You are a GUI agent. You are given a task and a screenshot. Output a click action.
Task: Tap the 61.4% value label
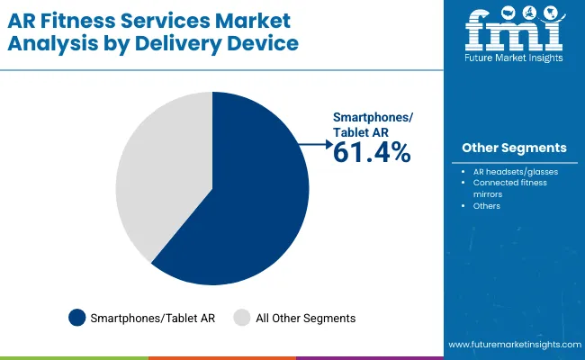[372, 153]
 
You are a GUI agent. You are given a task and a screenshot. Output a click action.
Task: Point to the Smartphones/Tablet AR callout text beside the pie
[372, 124]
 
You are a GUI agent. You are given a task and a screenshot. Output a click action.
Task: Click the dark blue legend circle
[77, 318]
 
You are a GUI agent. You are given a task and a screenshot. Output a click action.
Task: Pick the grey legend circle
[242, 318]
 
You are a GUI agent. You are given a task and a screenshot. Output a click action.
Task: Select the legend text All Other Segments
[306, 318]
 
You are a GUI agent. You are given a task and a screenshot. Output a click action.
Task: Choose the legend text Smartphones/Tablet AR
[153, 318]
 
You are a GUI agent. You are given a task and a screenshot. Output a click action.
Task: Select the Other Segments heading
[514, 148]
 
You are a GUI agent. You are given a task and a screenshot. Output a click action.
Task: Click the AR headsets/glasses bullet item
[515, 171]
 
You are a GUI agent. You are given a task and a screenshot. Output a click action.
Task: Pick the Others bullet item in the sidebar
[487, 206]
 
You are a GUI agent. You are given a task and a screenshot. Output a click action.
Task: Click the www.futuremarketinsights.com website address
[512, 345]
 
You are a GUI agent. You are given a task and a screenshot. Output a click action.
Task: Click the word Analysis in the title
[51, 43]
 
